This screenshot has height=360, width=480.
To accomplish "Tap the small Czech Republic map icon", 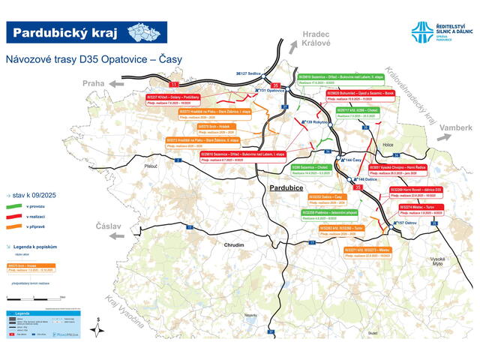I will [x=145, y=31].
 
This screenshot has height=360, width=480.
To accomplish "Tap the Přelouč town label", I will [x=151, y=166].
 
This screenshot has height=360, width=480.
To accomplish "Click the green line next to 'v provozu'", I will [x=13, y=205].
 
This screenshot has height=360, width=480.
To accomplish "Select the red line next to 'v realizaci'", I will [x=13, y=215].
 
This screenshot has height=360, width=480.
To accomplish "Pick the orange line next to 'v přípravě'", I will [x=13, y=226].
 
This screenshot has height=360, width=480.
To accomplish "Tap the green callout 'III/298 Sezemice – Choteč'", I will [x=309, y=169].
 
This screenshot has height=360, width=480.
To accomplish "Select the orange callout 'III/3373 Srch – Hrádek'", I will [x=198, y=128].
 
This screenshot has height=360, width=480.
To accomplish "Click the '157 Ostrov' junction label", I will [x=406, y=223].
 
